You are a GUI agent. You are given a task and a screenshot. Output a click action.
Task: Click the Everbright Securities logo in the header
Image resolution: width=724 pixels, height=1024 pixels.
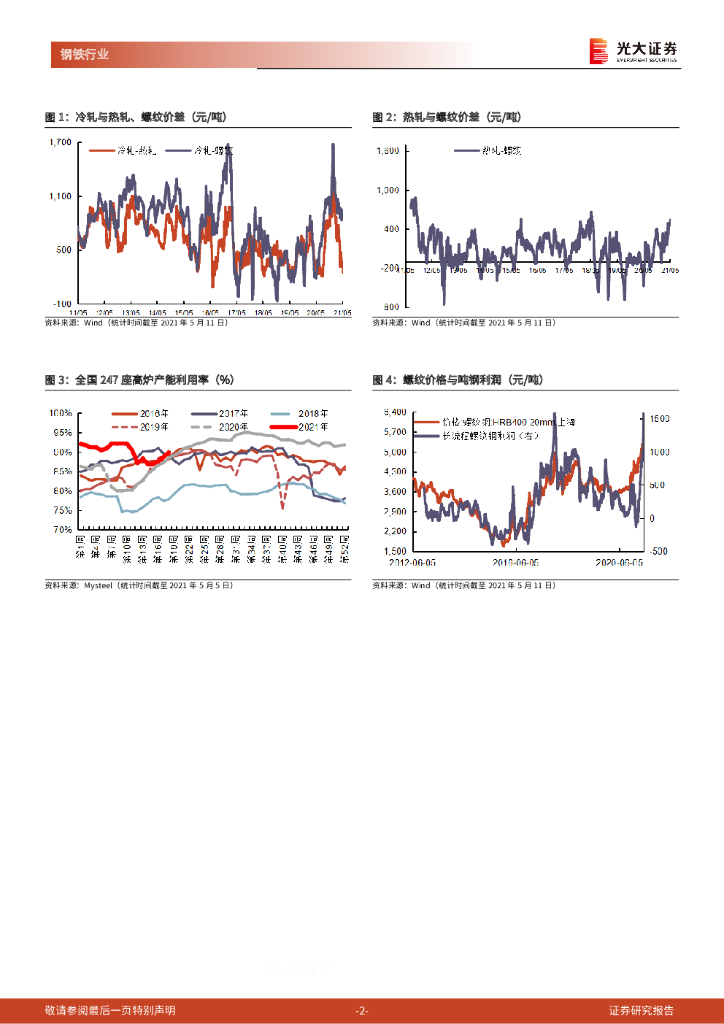632,51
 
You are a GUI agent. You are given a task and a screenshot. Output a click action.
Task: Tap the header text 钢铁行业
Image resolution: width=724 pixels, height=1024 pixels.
79,54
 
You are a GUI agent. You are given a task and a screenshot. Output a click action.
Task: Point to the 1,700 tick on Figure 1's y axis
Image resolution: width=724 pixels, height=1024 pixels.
60,143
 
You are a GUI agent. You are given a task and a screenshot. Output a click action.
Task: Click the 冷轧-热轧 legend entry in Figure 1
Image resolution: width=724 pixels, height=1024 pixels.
137,151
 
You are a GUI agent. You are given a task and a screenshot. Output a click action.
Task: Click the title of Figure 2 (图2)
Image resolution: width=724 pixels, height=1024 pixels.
447,117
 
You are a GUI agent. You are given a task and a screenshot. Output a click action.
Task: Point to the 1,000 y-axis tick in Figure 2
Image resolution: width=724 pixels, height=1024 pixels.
387,190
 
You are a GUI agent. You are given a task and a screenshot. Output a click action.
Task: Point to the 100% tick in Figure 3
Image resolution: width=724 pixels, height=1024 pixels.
60,413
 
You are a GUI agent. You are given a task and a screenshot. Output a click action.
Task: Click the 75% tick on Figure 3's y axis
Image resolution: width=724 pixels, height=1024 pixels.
62,510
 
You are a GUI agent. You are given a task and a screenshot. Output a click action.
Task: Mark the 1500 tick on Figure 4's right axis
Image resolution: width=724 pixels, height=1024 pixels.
659,419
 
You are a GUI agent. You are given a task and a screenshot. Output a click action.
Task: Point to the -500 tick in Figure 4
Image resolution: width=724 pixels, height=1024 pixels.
658,550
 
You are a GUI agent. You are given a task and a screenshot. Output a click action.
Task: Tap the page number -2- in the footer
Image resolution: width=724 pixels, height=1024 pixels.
362,1010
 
